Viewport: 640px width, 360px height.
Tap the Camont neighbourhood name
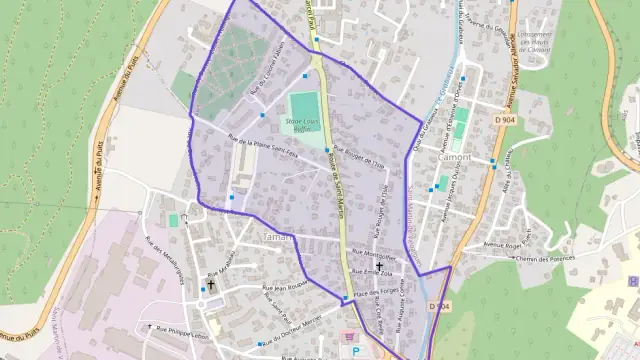tap(455, 157)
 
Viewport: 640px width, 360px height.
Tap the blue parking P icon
tap(357, 352)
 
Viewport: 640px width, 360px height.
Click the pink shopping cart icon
tap(347, 337)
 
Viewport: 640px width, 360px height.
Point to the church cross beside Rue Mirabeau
tap(211, 285)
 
